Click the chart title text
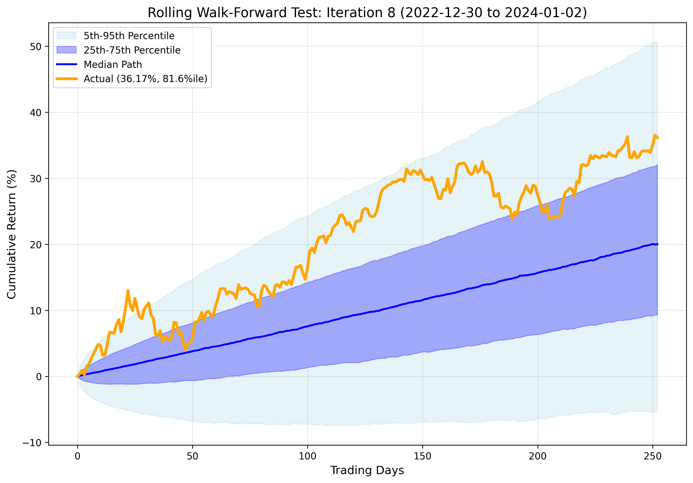click(x=367, y=13)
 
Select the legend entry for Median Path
click(x=112, y=64)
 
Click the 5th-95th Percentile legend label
click(x=129, y=36)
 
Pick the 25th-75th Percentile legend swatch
click(x=66, y=50)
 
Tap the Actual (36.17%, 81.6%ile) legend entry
click(x=145, y=79)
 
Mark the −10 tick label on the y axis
click(x=32, y=443)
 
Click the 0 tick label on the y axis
click(x=39, y=377)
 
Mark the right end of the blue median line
click(x=657, y=244)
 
